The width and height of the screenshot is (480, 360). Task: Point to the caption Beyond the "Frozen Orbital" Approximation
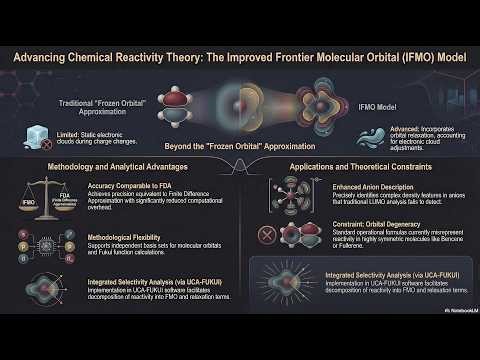click(239, 145)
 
